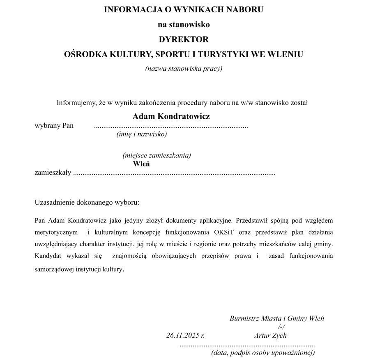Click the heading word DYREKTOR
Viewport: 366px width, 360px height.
pyautogui.click(x=184, y=40)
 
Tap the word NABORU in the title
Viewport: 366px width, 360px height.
pyautogui.click(x=242, y=9)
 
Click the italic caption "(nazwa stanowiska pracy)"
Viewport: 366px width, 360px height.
pyautogui.click(x=184, y=69)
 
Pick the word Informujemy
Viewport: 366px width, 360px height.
pyautogui.click(x=77, y=103)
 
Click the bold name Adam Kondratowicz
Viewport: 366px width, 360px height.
pyautogui.click(x=171, y=116)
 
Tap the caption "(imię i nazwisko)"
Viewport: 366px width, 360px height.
pyautogui.click(x=142, y=134)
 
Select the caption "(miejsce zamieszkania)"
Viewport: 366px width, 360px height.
pyautogui.click(x=157, y=155)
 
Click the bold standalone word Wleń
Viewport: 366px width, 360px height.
pyautogui.click(x=141, y=164)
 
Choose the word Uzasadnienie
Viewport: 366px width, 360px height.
pyautogui.click(x=54, y=203)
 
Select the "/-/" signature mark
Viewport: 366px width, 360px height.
pyautogui.click(x=281, y=327)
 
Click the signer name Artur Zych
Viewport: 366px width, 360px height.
pyautogui.click(x=270, y=335)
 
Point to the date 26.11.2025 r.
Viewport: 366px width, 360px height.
pyautogui.click(x=185, y=335)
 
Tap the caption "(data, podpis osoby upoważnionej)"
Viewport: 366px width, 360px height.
pyautogui.click(x=263, y=353)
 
